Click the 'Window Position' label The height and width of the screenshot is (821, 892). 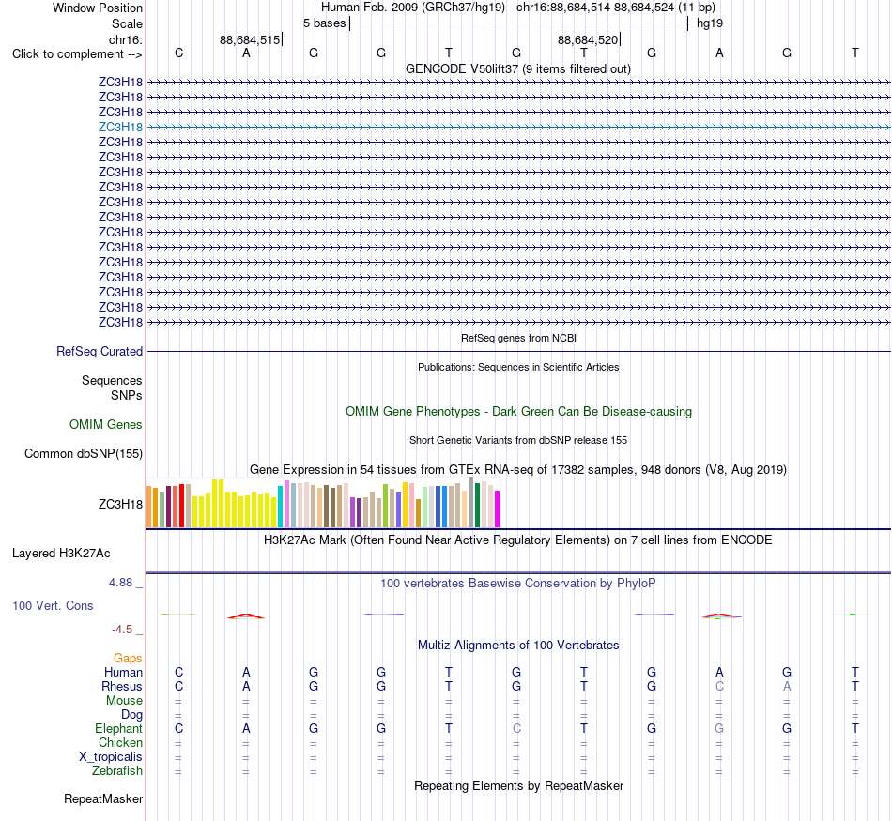98,8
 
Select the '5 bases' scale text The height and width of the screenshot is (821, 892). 324,23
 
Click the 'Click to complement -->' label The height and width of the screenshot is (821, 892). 77,54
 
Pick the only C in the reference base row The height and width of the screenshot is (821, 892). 178,53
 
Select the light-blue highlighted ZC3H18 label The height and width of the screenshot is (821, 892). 120,127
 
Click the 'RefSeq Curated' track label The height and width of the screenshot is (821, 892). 100,351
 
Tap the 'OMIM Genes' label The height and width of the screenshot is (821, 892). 106,425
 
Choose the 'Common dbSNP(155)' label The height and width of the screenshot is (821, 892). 84,454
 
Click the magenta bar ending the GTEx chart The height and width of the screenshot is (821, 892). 498,509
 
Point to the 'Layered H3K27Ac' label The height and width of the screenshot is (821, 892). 61,554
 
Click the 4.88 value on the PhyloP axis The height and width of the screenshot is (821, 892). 120,583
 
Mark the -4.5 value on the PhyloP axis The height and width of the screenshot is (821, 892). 122,630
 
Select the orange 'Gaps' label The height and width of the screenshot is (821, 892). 128,659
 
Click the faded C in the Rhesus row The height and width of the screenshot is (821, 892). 719,686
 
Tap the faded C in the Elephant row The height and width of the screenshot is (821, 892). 516,728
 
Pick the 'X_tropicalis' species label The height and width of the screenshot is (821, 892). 111,757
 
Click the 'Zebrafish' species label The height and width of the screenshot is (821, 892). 117,771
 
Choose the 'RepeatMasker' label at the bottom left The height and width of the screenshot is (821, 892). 103,798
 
